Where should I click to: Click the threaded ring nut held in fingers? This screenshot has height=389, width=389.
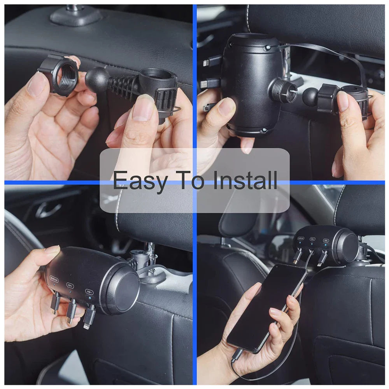pos(58,75)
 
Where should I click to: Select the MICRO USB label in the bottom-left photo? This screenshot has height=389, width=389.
pos(54,279)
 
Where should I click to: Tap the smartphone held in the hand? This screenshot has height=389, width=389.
pos(265,307)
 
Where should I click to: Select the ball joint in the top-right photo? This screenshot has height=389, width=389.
pos(311,96)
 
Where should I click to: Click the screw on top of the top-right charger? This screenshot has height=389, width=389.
pos(268,48)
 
